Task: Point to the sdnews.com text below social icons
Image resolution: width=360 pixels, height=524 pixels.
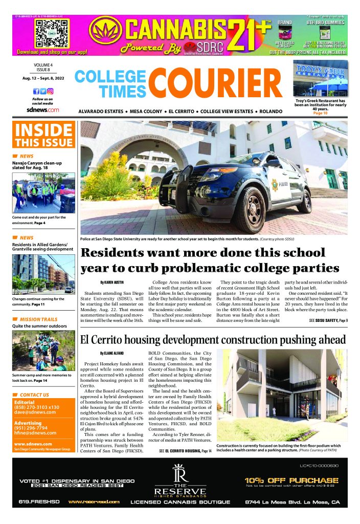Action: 43,110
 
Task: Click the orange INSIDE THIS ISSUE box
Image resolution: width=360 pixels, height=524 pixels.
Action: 44,135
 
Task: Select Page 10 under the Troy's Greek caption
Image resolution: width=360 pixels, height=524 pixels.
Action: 320,113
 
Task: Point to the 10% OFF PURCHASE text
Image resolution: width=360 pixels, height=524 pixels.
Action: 291,480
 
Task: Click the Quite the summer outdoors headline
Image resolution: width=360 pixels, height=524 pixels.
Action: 40,325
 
